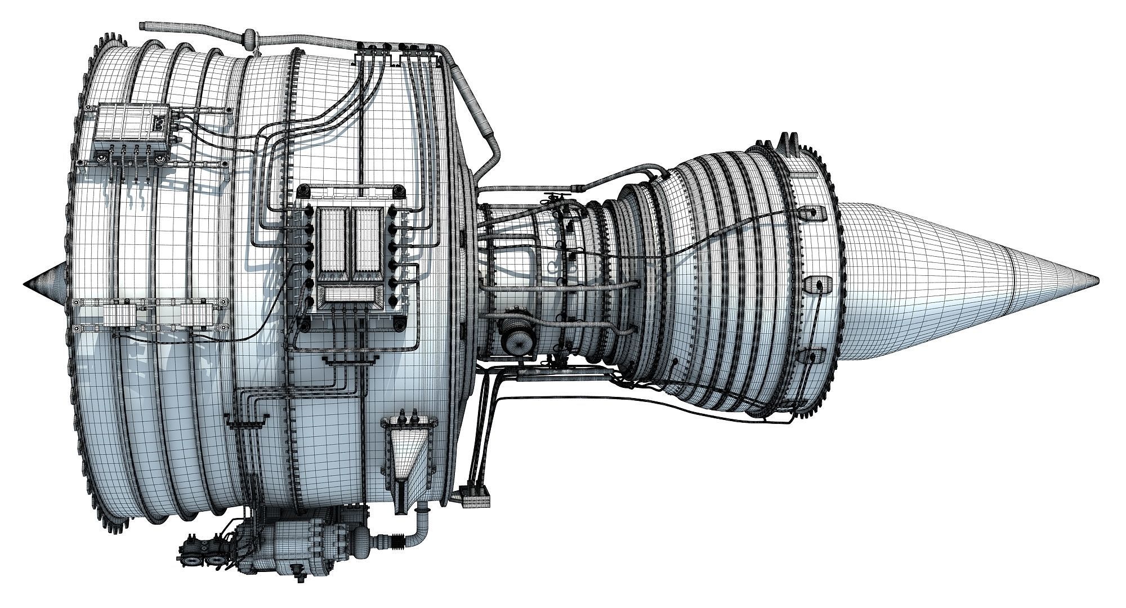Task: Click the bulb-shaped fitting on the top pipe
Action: click(x=248, y=38)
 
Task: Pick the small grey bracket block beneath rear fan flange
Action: click(x=478, y=499)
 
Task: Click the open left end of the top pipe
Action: click(x=142, y=25)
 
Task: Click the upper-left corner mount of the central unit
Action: click(x=303, y=191)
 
